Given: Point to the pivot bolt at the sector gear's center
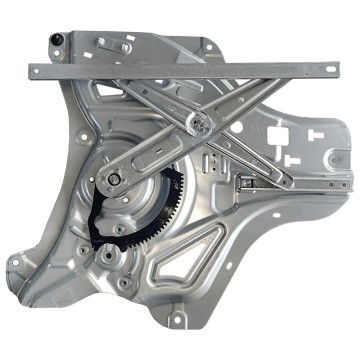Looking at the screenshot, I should [117, 179].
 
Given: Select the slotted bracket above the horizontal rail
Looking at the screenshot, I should [110, 44].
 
